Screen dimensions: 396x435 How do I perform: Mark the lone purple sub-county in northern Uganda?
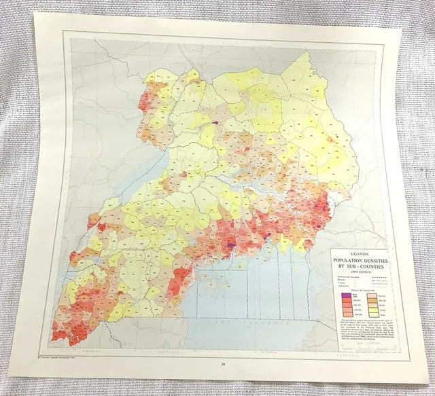[215, 123]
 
